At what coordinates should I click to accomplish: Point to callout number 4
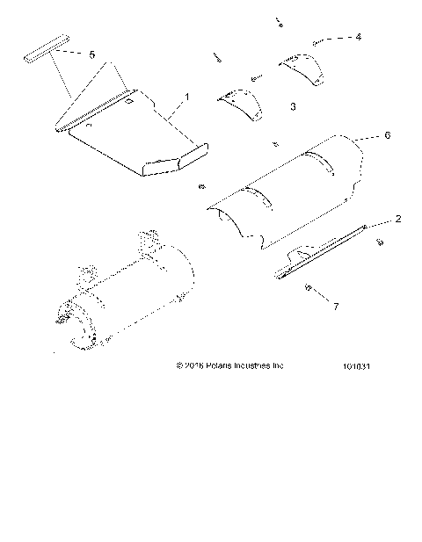[358, 37]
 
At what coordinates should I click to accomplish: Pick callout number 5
[91, 54]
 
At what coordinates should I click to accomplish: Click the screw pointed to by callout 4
[318, 41]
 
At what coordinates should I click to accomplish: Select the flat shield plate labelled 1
[132, 136]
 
